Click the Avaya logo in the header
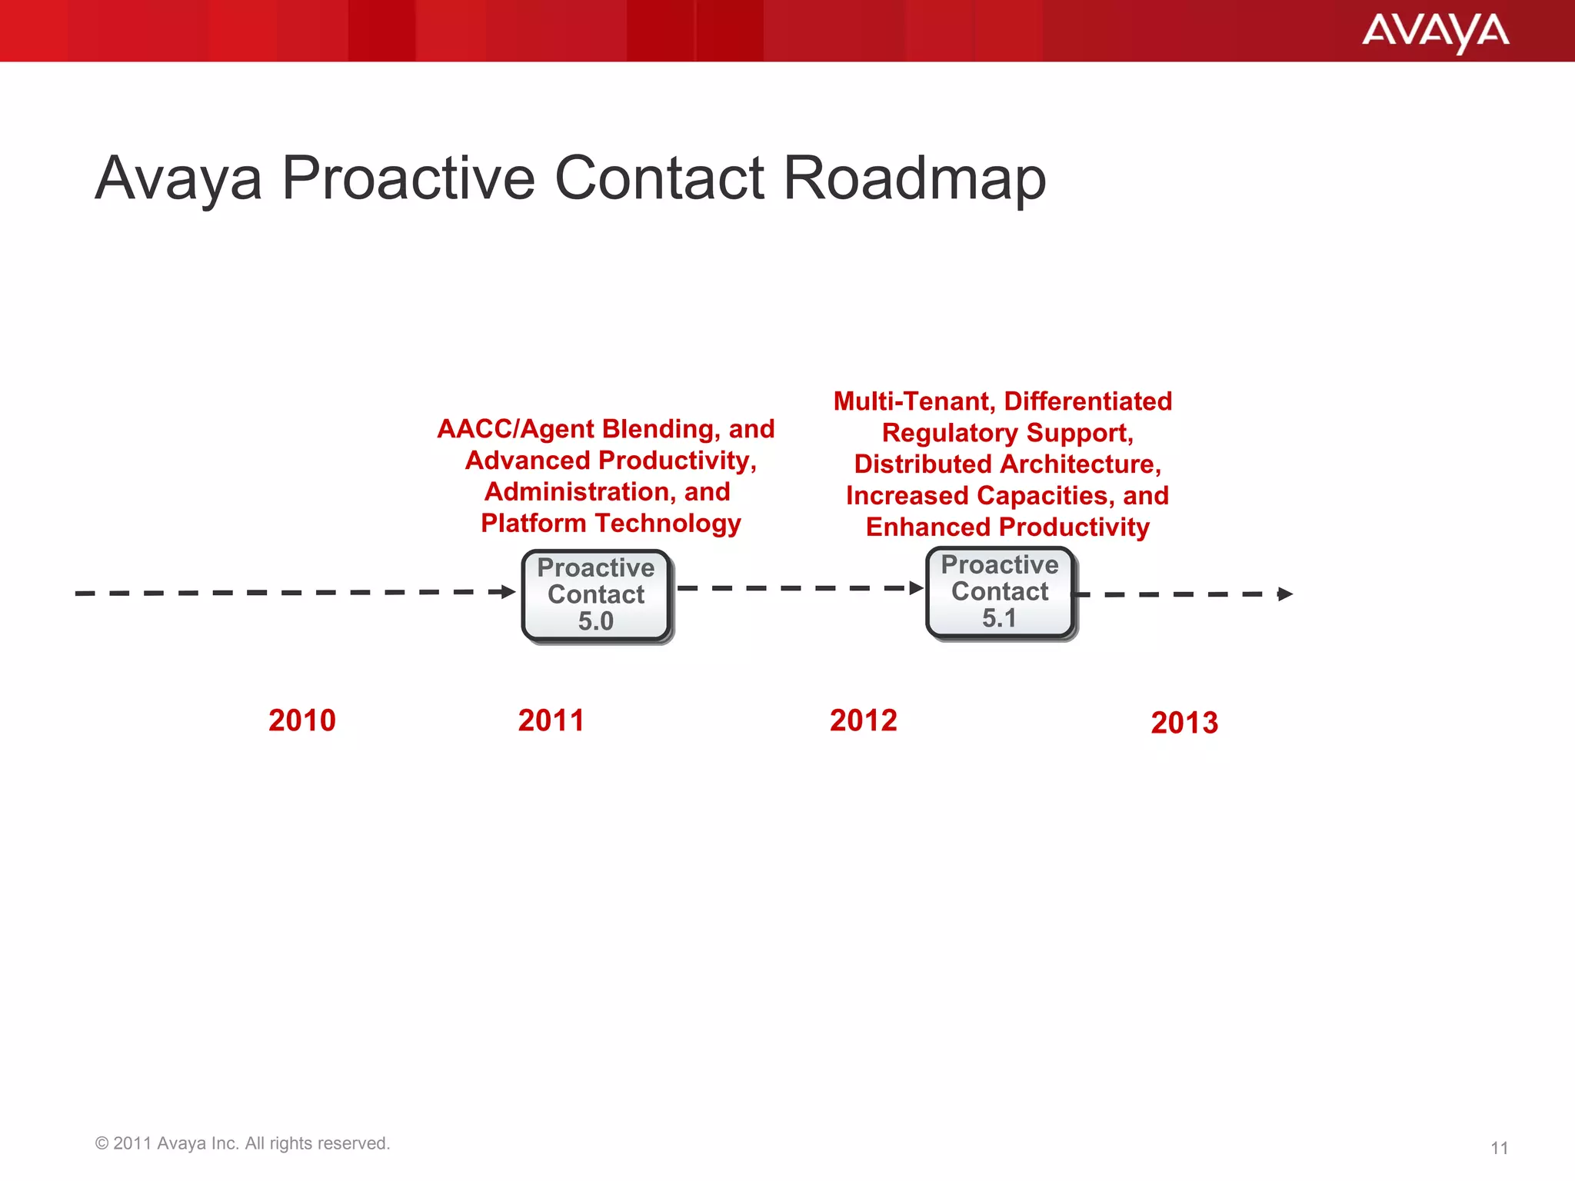tap(1435, 32)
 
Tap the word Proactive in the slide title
tap(408, 178)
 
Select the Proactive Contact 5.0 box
tap(596, 595)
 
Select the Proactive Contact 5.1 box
tap(999, 592)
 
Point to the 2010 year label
tap(302, 720)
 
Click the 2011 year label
tap(551, 720)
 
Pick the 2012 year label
tap(863, 720)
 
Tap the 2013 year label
tap(1184, 723)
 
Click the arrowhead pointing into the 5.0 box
tap(508, 591)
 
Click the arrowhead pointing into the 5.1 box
tap(916, 588)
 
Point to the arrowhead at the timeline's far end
tap(1285, 594)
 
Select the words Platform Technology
tap(611, 524)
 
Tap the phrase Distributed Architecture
tap(1007, 464)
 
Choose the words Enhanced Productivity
tap(1007, 527)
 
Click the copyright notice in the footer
tap(242, 1143)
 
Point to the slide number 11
tap(1499, 1148)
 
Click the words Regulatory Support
tap(1007, 433)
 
